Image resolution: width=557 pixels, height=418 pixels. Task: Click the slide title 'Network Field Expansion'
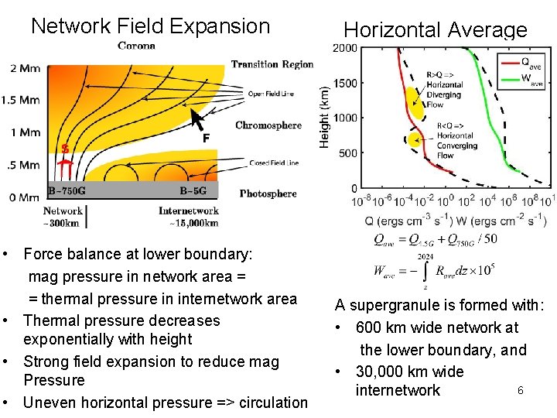(x=150, y=26)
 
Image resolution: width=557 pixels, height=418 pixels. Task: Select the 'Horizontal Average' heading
(x=436, y=30)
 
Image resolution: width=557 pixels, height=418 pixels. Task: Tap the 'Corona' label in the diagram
(x=136, y=46)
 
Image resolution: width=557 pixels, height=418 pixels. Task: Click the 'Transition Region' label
(x=272, y=64)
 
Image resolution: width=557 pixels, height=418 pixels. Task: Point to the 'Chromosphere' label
(x=268, y=125)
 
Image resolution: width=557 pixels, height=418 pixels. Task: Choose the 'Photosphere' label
(x=268, y=194)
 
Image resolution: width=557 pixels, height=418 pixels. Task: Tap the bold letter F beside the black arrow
(x=206, y=139)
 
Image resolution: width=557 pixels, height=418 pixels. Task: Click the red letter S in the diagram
(x=65, y=148)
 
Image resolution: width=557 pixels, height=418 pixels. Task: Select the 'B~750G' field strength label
(x=67, y=190)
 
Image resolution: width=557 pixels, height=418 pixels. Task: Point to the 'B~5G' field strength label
(x=198, y=190)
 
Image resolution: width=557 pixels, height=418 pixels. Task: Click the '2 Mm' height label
(x=25, y=68)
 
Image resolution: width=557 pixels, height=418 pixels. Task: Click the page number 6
(x=520, y=391)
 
